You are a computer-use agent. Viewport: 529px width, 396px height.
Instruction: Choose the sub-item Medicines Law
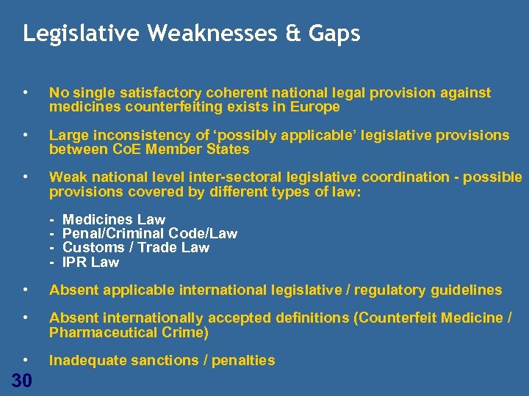click(x=114, y=219)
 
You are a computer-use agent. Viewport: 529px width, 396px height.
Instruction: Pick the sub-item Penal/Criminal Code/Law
click(x=150, y=234)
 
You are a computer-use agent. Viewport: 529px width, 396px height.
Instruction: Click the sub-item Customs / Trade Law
click(x=136, y=248)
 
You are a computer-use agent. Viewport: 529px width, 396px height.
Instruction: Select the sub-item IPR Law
click(x=90, y=263)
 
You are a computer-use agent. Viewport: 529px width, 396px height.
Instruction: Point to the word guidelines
click(x=466, y=290)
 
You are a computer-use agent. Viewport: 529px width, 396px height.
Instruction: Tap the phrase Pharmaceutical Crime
click(x=129, y=332)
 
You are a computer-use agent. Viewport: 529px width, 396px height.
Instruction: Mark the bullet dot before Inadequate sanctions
click(x=26, y=360)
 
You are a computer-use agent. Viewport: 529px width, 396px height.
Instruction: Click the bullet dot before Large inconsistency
click(x=26, y=135)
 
